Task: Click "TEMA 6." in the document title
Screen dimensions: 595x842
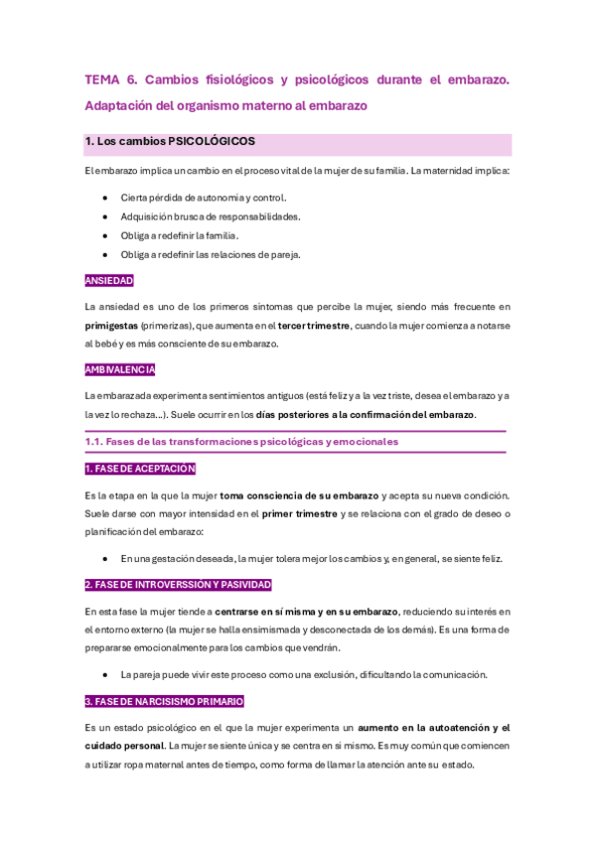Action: click(111, 78)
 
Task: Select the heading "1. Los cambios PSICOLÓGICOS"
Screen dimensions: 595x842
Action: click(170, 142)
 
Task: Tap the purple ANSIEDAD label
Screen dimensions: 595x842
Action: click(109, 281)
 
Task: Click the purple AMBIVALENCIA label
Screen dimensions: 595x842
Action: click(120, 370)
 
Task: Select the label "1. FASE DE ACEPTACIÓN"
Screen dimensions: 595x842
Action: click(140, 469)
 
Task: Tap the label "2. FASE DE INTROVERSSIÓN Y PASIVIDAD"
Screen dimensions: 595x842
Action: click(178, 585)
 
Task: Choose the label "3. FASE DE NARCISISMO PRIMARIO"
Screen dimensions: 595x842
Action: click(164, 701)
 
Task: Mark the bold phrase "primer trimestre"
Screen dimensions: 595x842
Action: click(300, 513)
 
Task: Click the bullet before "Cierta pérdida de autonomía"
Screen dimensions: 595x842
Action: click(104, 198)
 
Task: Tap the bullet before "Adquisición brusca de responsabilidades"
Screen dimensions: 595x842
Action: click(104, 216)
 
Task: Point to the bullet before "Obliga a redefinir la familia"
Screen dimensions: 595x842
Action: click(104, 235)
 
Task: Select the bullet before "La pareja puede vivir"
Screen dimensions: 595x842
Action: click(104, 675)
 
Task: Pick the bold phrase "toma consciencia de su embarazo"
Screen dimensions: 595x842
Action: click(299, 495)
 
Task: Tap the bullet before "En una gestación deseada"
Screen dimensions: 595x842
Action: click(104, 559)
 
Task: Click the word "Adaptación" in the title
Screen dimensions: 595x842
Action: click(117, 104)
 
